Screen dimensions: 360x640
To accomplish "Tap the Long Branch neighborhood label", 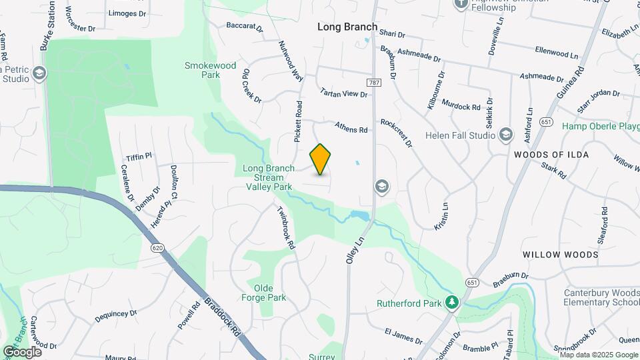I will tap(343, 27).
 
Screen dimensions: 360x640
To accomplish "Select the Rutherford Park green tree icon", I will tap(453, 303).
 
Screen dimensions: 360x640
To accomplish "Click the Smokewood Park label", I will tap(211, 70).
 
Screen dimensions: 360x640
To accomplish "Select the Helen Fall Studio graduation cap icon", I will tap(505, 135).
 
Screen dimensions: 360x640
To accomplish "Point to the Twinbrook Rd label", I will tap(286, 227).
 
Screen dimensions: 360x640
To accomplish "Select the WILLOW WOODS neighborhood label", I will tap(560, 255).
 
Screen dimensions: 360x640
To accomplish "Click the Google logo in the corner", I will tap(22, 351).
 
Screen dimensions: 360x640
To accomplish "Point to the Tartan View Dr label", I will tap(344, 94).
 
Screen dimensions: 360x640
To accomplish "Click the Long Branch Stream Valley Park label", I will tap(268, 178).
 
